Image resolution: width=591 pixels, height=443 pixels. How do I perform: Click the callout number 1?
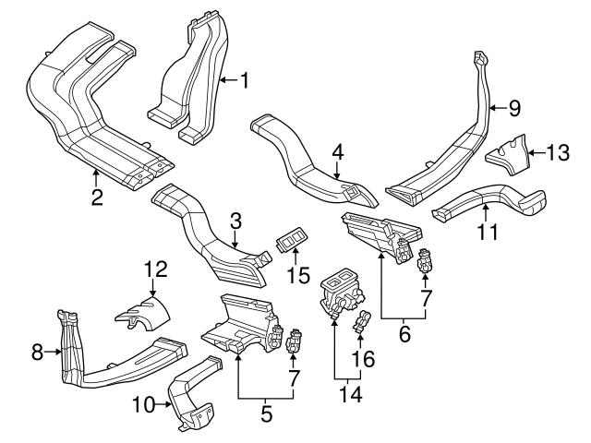coord(245,80)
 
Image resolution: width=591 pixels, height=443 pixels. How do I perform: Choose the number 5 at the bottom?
coord(266,415)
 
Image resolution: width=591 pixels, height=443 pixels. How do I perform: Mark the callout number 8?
coord(37,351)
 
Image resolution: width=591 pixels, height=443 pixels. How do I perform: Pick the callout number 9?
coord(514,108)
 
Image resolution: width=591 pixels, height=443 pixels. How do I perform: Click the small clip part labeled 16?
coord(361,324)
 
